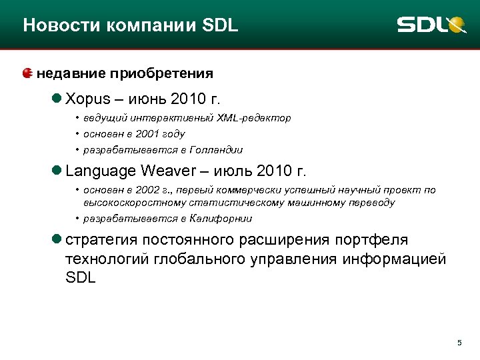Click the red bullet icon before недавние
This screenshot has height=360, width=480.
click(x=27, y=73)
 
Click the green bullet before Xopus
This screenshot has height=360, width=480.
click(x=58, y=99)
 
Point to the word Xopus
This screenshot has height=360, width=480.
click(x=87, y=100)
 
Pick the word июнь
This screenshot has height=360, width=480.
click(x=145, y=100)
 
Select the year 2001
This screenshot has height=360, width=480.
click(x=145, y=134)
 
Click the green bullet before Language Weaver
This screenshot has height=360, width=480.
click(x=58, y=171)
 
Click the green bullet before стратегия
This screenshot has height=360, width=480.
click(x=58, y=239)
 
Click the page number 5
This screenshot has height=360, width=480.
click(x=459, y=343)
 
